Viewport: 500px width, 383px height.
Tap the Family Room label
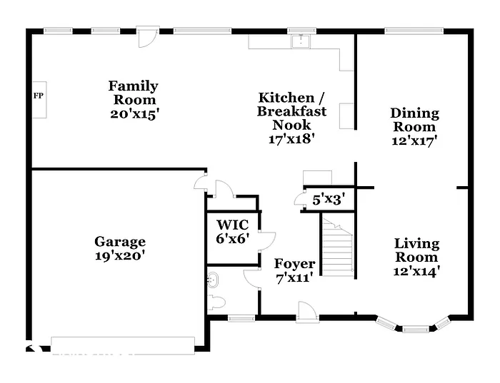134,93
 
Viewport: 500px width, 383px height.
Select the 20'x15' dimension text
134,113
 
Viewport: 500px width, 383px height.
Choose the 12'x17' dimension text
414,141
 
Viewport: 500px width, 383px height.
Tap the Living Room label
416,250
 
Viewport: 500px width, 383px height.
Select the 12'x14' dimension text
416,270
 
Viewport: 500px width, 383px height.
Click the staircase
337,247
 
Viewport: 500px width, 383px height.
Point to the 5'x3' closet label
329,200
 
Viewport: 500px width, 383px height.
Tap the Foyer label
294,264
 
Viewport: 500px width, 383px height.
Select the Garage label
120,242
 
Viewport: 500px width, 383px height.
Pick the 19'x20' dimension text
120,255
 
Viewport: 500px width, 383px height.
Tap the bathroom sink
212,279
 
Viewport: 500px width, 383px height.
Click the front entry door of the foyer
308,311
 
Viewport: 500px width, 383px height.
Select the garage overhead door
123,344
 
